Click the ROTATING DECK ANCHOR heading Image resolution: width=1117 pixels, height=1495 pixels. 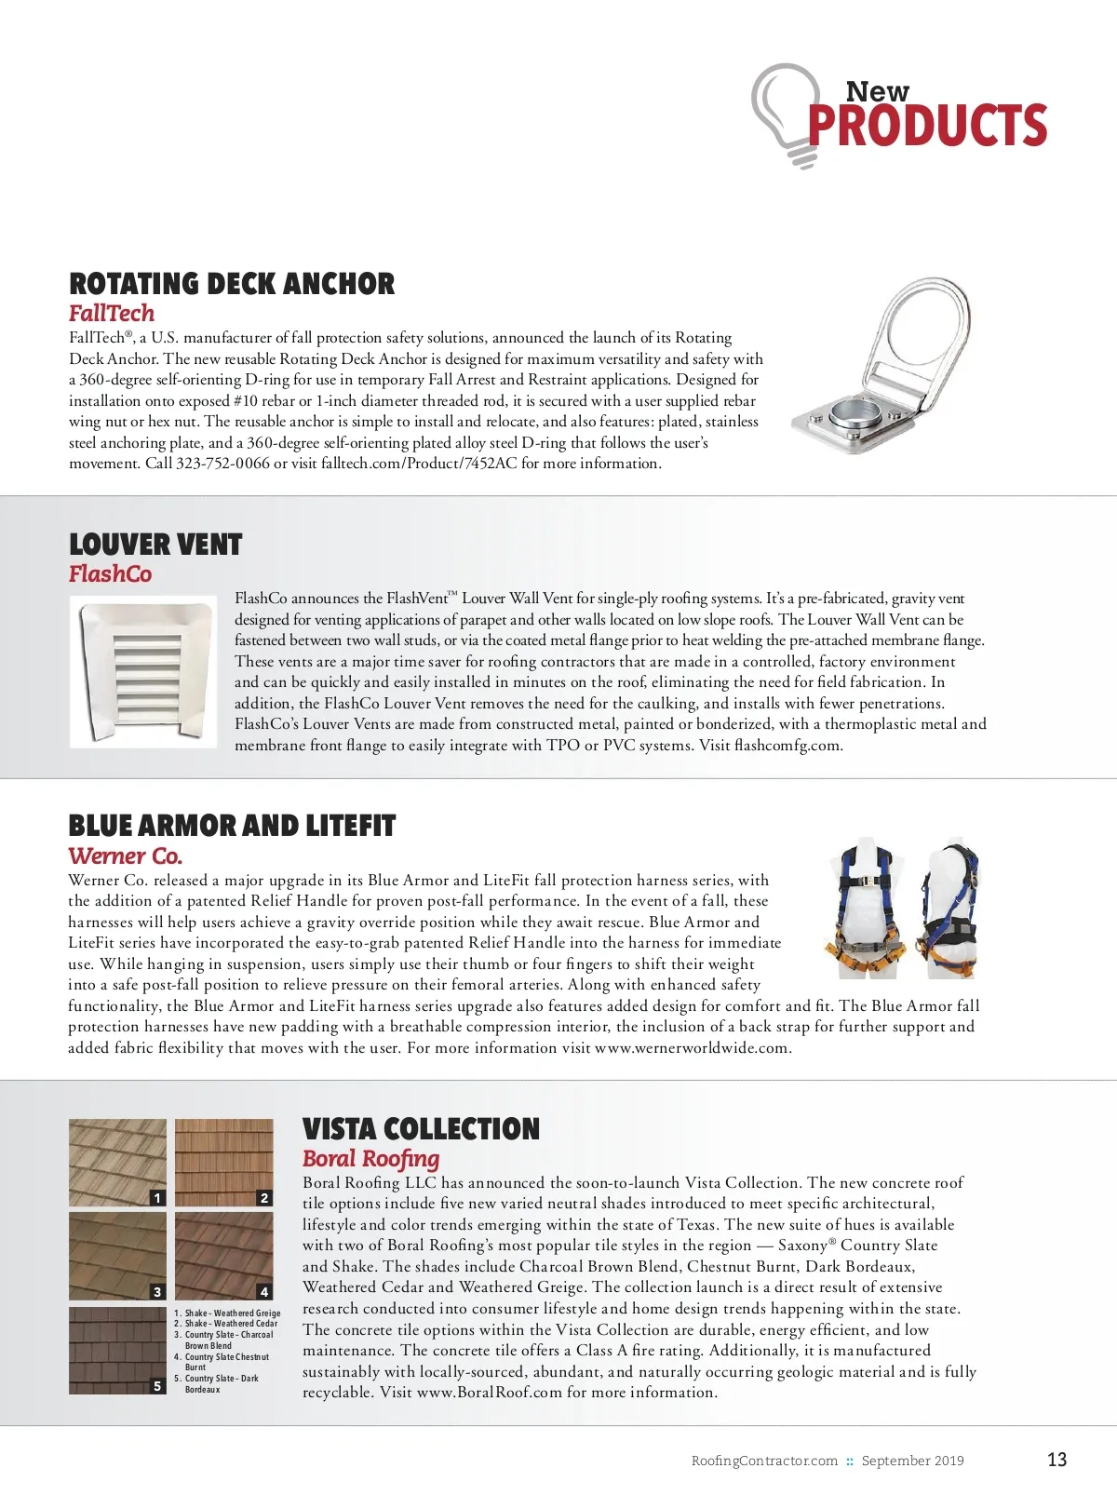(x=232, y=284)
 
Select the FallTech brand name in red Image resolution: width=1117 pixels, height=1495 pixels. (x=112, y=314)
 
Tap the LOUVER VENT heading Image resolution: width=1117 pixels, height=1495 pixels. (x=155, y=545)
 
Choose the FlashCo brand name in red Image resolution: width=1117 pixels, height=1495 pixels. (x=110, y=574)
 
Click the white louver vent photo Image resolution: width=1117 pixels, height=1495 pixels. (x=143, y=672)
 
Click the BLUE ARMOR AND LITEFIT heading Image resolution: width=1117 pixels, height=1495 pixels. (x=232, y=827)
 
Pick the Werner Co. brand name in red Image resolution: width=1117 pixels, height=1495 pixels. (x=125, y=856)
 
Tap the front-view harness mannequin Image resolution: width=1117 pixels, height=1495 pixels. (x=866, y=909)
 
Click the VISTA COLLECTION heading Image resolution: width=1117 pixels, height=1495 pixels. (x=421, y=1129)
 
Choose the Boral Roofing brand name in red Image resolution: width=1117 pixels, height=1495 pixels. (x=370, y=1159)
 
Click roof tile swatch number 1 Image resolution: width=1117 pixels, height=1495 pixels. (x=117, y=1163)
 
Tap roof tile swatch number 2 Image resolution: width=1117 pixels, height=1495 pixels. (x=223, y=1163)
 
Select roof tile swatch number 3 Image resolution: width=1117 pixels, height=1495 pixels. (x=117, y=1256)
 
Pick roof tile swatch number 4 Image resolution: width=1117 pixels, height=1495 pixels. (x=223, y=1256)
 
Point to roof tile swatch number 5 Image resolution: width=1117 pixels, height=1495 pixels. (x=117, y=1350)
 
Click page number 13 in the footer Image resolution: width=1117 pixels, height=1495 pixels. (x=1056, y=1460)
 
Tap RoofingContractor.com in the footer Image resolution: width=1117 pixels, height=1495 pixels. (x=764, y=1461)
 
